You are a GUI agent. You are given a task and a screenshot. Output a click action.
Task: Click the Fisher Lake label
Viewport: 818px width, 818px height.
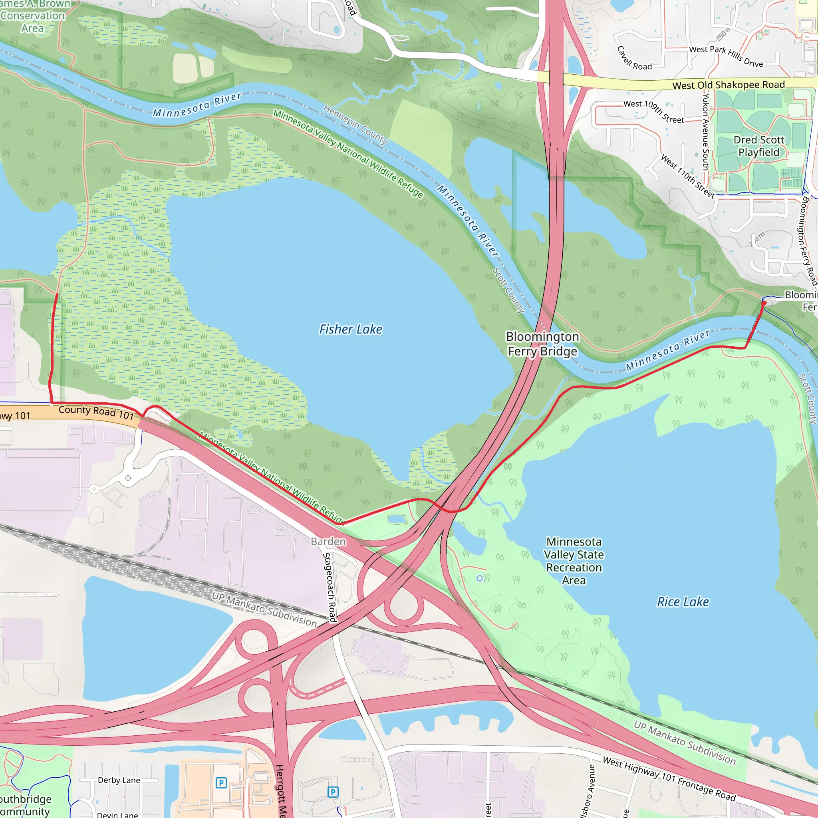point(351,330)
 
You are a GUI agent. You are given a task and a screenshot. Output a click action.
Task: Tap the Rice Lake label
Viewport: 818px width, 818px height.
point(683,602)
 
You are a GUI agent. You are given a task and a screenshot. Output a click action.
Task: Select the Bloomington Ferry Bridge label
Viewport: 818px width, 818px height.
point(542,344)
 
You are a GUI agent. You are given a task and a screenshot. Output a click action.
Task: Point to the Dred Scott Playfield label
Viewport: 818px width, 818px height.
point(759,146)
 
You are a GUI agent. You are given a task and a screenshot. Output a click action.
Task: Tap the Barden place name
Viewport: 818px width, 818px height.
point(328,542)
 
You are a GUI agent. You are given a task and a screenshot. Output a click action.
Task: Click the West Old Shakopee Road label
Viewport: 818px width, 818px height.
point(728,85)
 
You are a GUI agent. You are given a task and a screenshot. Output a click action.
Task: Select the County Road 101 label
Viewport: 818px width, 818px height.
point(96,411)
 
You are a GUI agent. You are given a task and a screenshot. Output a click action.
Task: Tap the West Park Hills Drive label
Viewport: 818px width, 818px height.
point(726,56)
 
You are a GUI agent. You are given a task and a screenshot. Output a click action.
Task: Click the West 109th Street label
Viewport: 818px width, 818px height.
point(653,111)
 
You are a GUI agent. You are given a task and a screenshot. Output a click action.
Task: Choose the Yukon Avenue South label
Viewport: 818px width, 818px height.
point(705,132)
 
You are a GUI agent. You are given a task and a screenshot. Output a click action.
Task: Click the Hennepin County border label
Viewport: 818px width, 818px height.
point(355,124)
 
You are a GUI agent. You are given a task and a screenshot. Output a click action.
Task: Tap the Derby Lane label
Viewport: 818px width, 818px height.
point(119,780)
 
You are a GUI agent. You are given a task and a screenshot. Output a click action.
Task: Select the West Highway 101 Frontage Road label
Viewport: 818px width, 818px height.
point(669,779)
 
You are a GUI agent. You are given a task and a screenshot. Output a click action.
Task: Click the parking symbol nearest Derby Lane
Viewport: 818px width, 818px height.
point(220,783)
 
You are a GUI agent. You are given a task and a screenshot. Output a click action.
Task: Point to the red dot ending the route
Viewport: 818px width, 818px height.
point(763,303)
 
